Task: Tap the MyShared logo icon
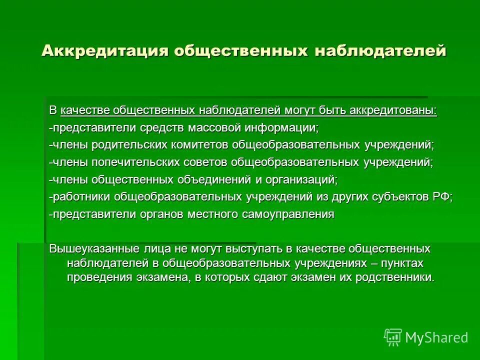392,337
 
